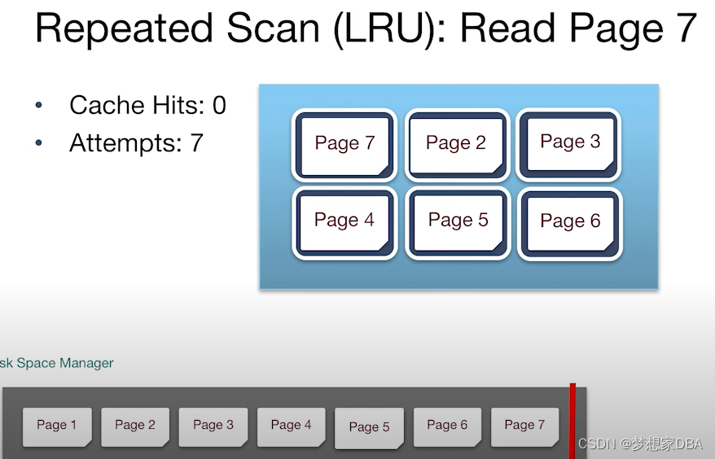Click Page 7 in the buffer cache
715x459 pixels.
(344, 144)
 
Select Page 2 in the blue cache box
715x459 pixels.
(456, 144)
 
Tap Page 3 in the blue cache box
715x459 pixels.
(569, 142)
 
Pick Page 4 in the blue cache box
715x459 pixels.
(344, 221)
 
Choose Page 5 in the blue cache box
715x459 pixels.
(458, 221)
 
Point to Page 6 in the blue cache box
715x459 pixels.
(569, 222)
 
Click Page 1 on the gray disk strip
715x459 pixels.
(56, 426)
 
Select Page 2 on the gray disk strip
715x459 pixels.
(134, 426)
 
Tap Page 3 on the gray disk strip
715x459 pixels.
(213, 426)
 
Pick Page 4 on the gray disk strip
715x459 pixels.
(291, 426)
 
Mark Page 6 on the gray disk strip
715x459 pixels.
(447, 426)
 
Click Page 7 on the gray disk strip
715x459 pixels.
(524, 426)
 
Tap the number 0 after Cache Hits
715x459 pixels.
(219, 105)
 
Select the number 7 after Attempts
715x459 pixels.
(196, 143)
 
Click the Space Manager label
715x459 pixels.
(65, 363)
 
